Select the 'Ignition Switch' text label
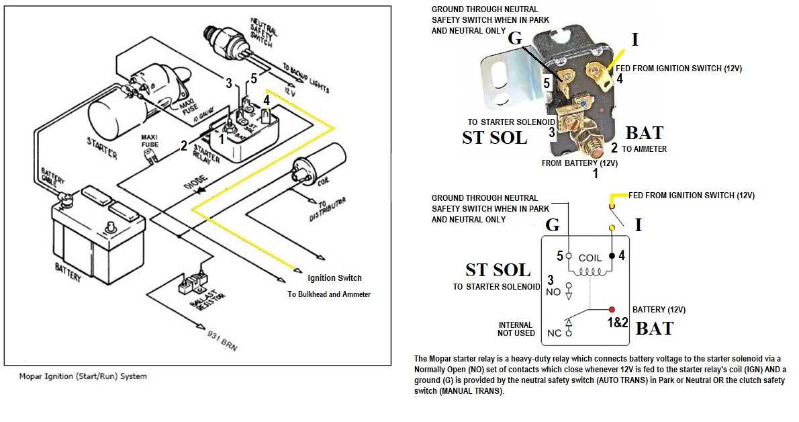[334, 278]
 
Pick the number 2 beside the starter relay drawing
[183, 144]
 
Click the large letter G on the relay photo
[515, 38]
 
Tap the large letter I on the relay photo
[634, 40]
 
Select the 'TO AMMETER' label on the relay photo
[644, 149]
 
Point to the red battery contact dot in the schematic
[612, 310]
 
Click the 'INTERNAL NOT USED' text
[516, 329]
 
